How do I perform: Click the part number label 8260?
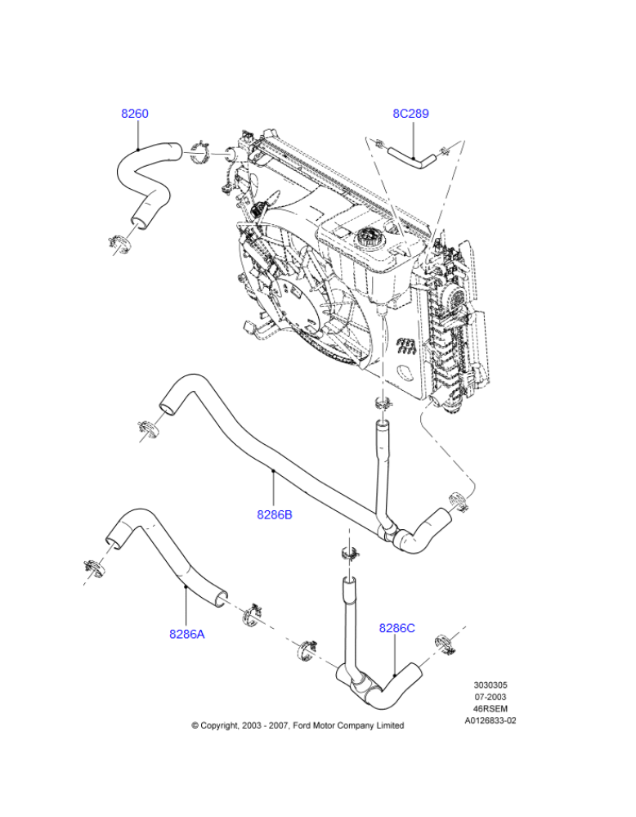tap(135, 114)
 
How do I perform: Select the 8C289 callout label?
tap(410, 114)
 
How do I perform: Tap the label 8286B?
tap(275, 515)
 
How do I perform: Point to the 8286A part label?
tap(187, 633)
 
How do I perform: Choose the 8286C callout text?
tap(397, 628)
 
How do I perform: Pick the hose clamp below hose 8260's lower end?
tap(119, 242)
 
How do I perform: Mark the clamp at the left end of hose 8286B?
tap(149, 427)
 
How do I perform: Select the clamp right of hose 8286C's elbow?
tap(442, 644)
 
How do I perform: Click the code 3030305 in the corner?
tap(490, 685)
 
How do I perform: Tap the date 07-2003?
tap(490, 697)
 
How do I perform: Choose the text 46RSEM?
tap(490, 709)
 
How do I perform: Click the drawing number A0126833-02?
tap(490, 721)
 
